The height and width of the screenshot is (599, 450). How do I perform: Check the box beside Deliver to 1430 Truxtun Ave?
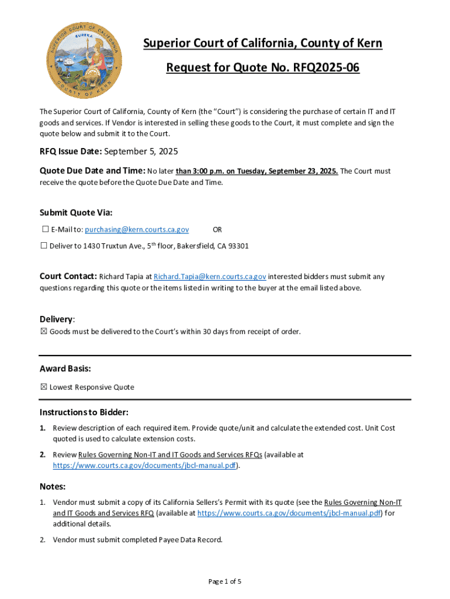click(44, 246)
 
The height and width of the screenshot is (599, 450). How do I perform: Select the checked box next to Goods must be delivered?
click(44, 332)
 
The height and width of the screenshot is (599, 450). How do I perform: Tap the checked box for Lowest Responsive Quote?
click(44, 387)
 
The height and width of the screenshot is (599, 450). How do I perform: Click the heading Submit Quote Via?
click(76, 212)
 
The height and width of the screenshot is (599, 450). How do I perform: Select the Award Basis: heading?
click(65, 369)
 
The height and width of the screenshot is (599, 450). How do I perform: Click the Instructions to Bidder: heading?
click(84, 412)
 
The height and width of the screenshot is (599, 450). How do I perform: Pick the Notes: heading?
click(53, 486)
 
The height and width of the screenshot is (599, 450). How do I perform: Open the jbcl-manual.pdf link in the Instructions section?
click(146, 466)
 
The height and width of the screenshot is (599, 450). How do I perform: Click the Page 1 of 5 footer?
click(225, 581)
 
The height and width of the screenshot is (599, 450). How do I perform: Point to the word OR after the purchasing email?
click(217, 230)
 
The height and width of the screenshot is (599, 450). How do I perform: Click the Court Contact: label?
click(68, 276)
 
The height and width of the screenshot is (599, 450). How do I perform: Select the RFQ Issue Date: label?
click(71, 152)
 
